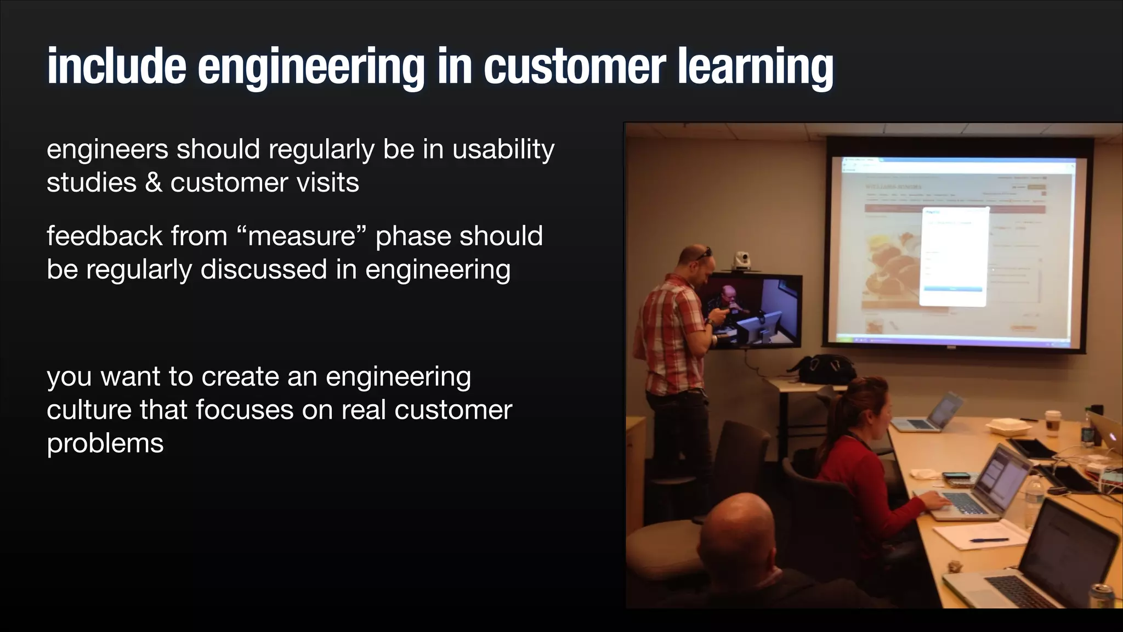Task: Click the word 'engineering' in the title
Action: (310, 67)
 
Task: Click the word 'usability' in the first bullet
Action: (503, 150)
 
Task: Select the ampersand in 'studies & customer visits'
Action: (154, 183)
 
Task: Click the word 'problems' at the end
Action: (105, 443)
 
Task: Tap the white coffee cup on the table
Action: (1051, 423)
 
